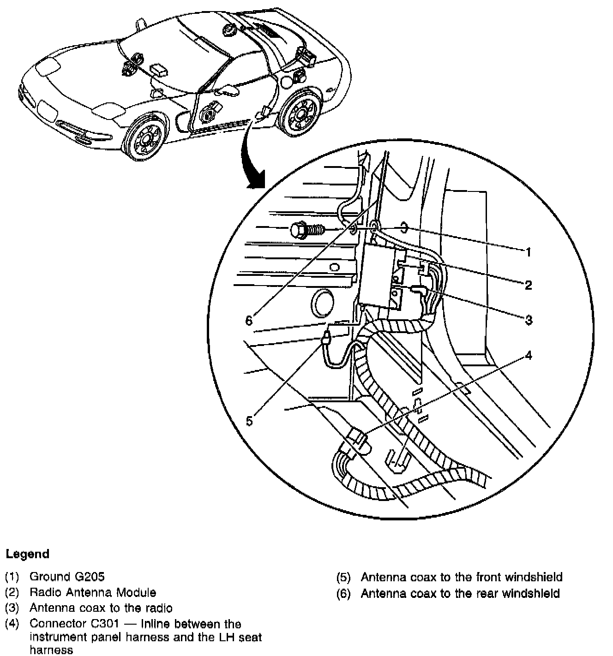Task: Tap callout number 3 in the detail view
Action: (529, 320)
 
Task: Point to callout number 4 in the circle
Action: (529, 355)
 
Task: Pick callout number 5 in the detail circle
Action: (249, 421)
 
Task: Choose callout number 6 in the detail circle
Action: (249, 320)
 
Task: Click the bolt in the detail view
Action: (307, 229)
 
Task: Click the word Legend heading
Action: (27, 554)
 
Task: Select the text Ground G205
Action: (67, 576)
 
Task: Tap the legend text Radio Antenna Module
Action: (93, 592)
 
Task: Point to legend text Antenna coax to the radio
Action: (101, 608)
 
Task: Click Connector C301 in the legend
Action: (74, 624)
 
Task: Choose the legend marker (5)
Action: (343, 577)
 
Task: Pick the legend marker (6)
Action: (343, 593)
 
